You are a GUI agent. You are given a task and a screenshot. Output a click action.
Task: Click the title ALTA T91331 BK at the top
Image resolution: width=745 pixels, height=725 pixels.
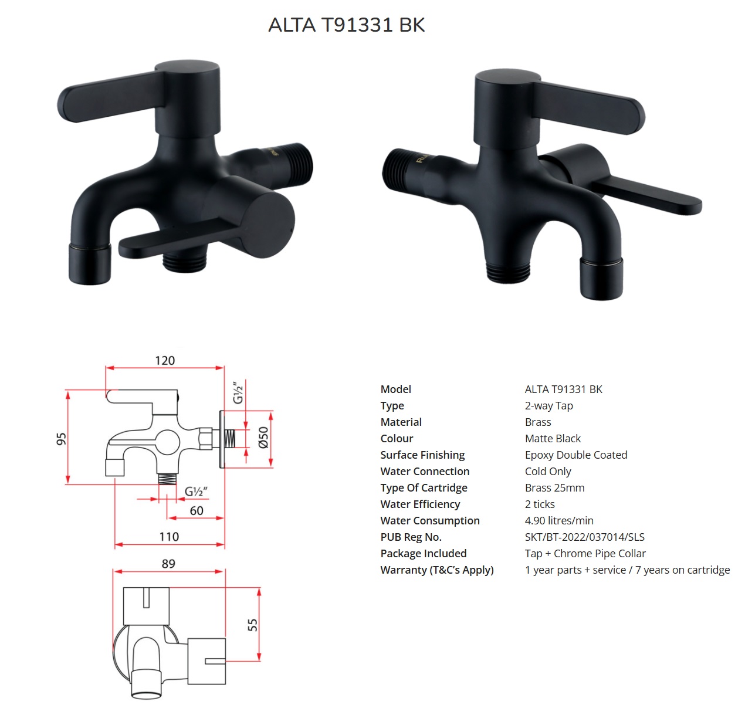347,25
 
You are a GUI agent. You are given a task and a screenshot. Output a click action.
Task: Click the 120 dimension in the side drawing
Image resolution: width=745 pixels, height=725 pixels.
165,361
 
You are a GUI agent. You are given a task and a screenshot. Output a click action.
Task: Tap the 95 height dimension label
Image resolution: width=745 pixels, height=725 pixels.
61,439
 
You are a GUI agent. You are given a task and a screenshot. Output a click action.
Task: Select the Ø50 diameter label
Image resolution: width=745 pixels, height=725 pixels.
264,438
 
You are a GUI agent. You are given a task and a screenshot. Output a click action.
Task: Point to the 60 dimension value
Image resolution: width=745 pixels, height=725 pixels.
197,511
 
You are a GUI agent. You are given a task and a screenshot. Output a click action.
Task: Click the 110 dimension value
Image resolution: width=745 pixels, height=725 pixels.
169,537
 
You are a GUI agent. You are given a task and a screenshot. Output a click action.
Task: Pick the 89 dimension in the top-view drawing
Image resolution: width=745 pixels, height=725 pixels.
168,564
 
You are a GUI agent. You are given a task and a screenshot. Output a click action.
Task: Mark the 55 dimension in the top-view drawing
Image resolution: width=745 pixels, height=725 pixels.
253,625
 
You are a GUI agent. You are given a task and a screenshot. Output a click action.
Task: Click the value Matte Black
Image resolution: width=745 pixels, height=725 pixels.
553,438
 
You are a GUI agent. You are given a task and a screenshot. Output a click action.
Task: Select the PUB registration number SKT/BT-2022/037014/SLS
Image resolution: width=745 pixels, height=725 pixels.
585,537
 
